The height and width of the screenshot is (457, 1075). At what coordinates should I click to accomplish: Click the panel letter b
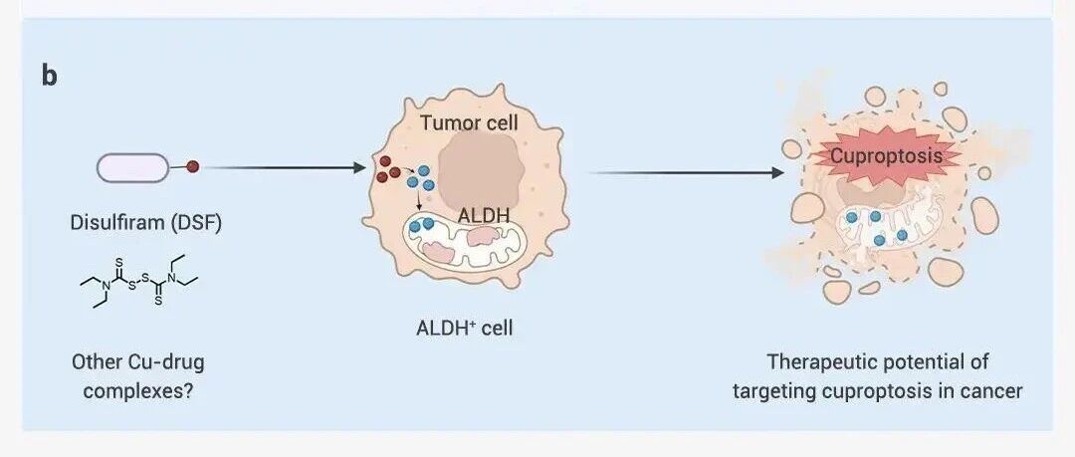[50, 77]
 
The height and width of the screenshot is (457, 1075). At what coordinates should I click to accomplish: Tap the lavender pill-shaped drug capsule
[132, 167]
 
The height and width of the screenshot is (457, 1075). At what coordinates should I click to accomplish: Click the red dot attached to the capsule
[193, 166]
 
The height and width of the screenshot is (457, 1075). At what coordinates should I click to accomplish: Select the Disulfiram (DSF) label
[146, 224]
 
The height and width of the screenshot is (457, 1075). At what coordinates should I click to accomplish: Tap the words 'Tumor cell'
[469, 123]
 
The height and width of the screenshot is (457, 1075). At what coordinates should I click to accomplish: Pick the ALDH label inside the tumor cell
[484, 216]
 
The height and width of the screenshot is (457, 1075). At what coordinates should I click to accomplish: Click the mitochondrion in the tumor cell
[466, 244]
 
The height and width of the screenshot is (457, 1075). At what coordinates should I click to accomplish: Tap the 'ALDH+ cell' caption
[464, 328]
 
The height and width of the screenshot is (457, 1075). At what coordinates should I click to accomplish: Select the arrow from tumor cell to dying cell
[686, 173]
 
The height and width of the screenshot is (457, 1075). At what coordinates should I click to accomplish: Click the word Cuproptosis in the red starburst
[887, 156]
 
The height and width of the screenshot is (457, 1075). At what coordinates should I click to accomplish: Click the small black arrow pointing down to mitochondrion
[417, 200]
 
